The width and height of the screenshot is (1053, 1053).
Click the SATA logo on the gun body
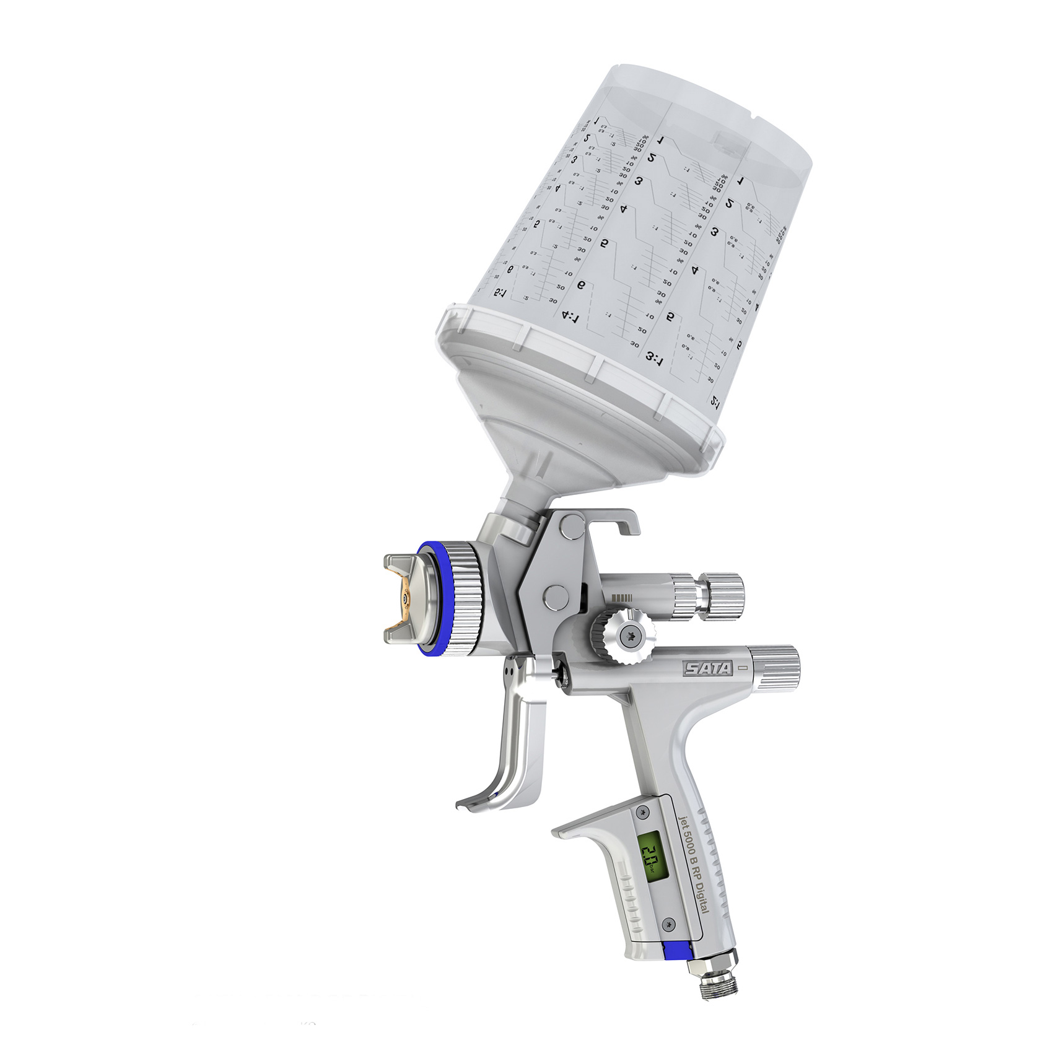[708, 668]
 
